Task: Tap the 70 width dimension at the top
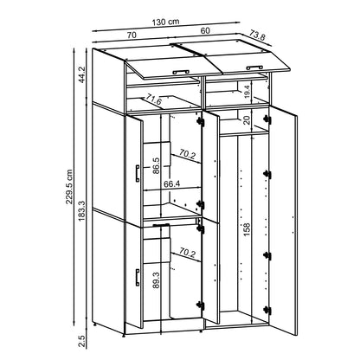[x=133, y=35]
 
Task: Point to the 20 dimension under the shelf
[x=246, y=119]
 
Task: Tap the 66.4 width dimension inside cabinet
[x=171, y=183]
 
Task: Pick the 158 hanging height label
[x=247, y=228]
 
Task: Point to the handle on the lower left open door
[x=136, y=278]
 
